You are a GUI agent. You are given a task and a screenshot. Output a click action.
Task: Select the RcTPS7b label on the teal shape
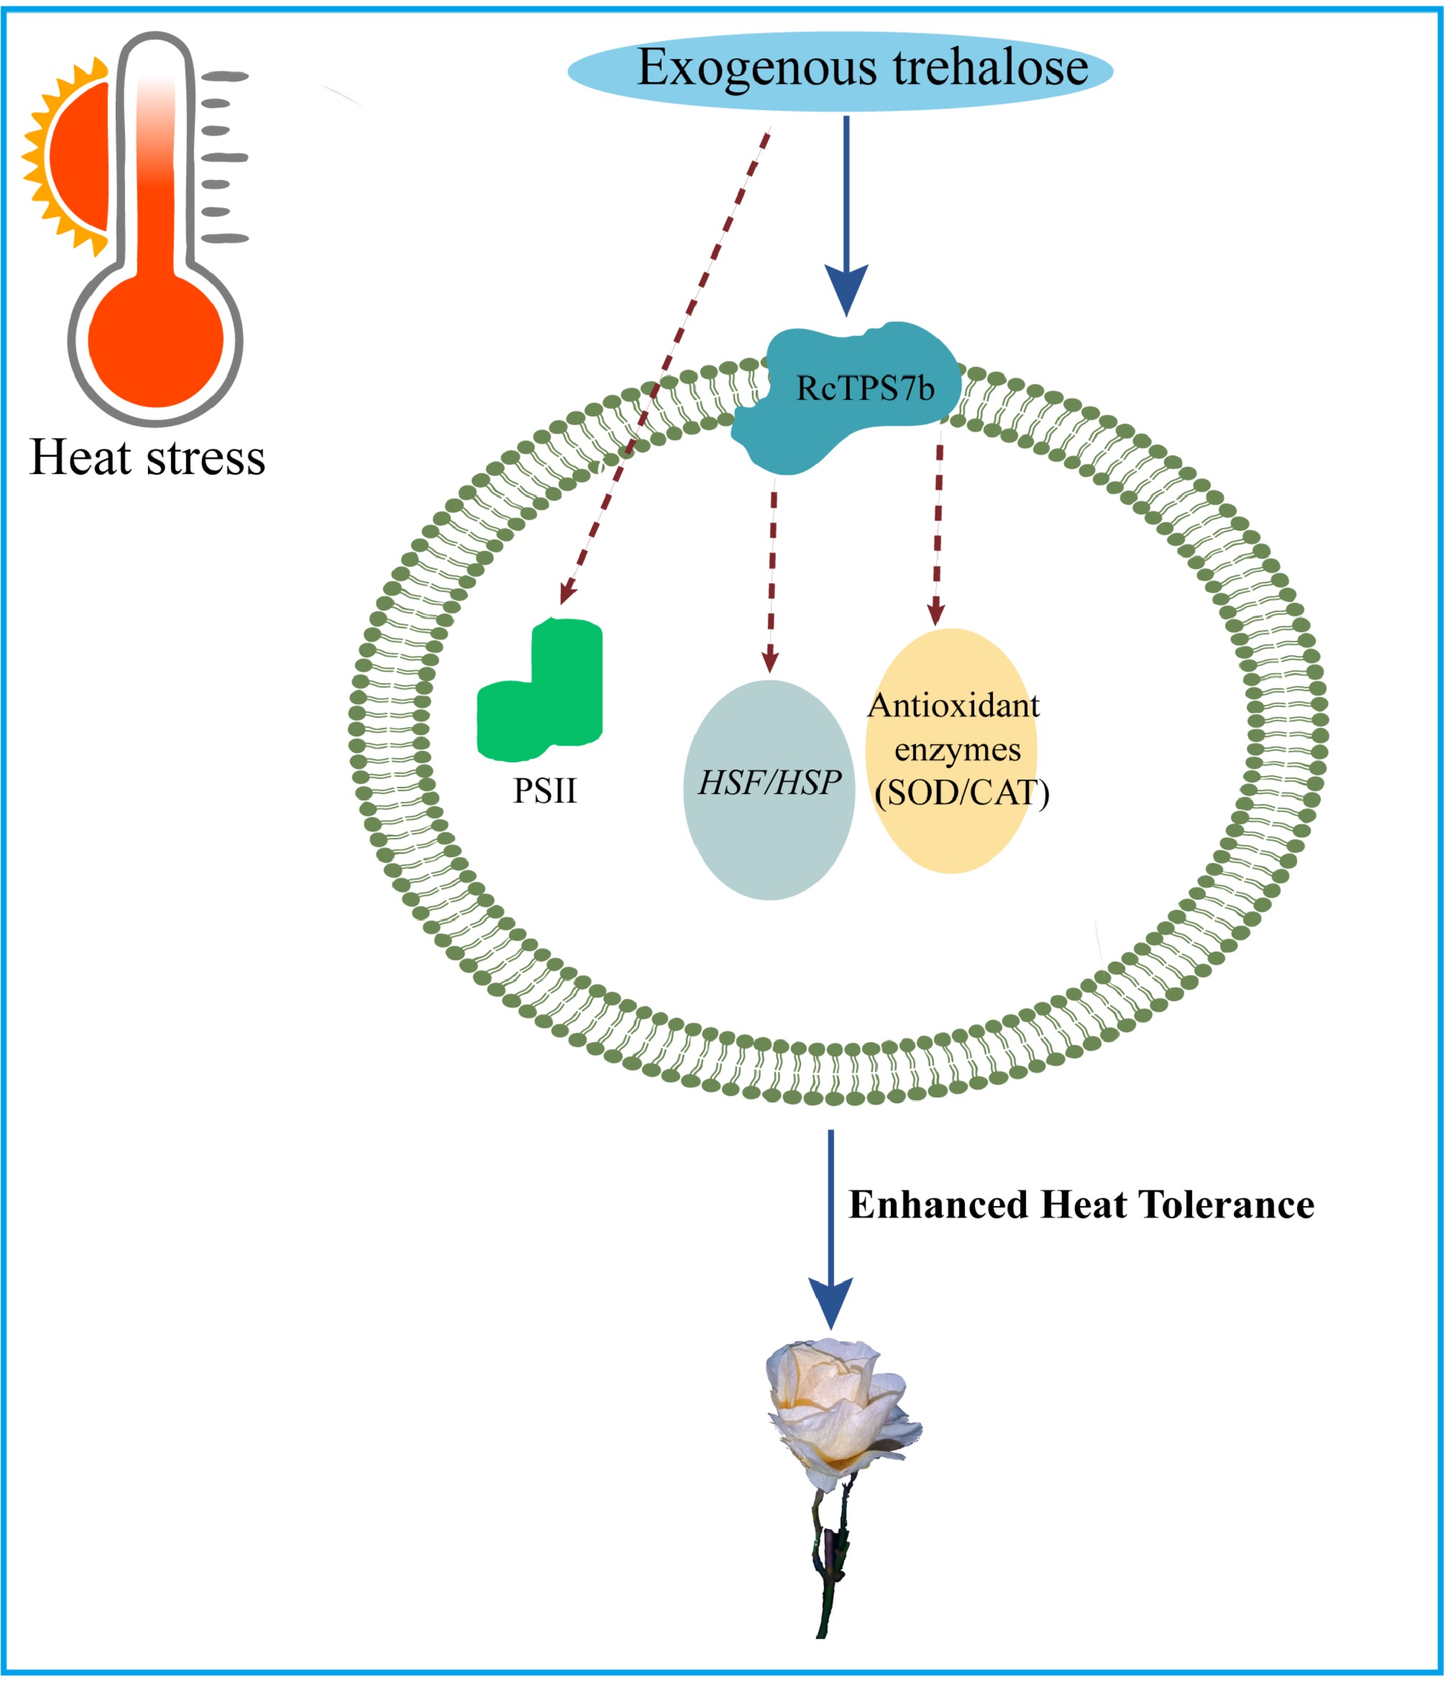(864, 389)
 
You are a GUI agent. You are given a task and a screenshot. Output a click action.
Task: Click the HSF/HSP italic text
(769, 782)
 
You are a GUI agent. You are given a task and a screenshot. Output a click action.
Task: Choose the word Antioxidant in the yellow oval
(953, 705)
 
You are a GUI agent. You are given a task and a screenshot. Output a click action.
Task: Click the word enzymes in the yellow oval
(957, 749)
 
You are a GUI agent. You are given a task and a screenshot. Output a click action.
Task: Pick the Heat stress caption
(147, 457)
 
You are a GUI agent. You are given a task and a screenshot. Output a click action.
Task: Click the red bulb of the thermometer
(155, 341)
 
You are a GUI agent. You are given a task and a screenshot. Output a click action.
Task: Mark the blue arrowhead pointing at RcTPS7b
(846, 289)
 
